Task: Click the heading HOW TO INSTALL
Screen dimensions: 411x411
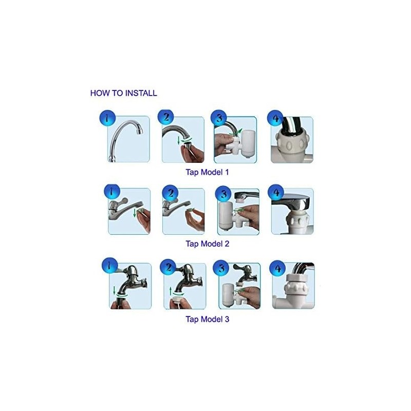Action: [x=123, y=94]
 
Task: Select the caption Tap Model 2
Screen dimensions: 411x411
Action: [x=207, y=244]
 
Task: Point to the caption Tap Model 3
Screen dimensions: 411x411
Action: [x=207, y=319]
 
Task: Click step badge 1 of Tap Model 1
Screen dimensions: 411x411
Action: [x=105, y=119]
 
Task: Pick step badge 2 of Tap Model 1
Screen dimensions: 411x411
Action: [x=166, y=118]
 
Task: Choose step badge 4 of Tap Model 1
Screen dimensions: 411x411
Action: [x=276, y=119]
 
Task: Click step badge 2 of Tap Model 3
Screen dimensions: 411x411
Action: [x=168, y=267]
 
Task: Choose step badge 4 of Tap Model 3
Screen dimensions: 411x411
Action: [x=277, y=268]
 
